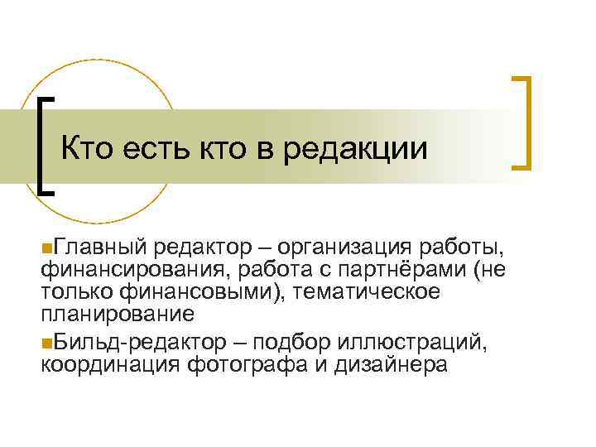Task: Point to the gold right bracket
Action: pyautogui.click(x=523, y=123)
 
